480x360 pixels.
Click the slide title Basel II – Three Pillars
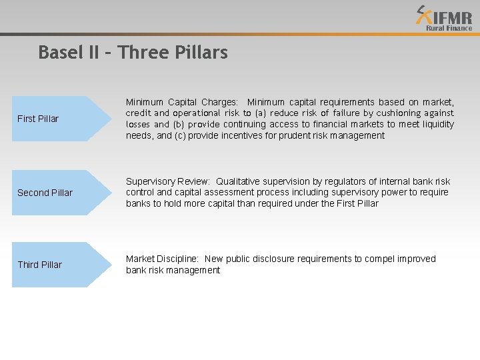pos(133,52)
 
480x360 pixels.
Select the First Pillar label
pos(38,119)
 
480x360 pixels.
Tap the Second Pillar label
pos(45,193)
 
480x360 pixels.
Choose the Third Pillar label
pos(39,265)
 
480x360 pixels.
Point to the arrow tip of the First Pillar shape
pos(109,119)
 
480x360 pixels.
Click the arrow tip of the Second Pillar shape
pos(109,193)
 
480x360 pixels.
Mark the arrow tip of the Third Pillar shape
pos(109,265)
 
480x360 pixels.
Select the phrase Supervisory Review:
pos(167,181)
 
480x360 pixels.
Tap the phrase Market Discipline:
pos(163,259)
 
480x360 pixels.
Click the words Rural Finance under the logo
pos(449,28)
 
